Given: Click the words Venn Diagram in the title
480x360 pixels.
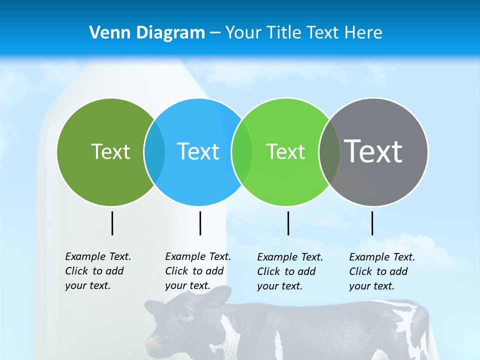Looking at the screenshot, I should [x=147, y=33].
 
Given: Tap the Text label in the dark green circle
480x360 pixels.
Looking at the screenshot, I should [x=110, y=151].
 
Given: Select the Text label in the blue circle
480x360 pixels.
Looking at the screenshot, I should [x=198, y=151].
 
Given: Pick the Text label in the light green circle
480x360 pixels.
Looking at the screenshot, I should [x=285, y=151].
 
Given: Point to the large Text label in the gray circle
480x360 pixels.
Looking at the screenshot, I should [x=373, y=151].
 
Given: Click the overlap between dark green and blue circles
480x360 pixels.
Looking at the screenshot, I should [x=154, y=151].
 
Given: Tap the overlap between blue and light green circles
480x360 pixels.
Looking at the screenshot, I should [x=242, y=151].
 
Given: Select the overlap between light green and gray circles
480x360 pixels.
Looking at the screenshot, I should [x=329, y=151].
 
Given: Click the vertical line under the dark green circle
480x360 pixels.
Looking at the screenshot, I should [x=112, y=223].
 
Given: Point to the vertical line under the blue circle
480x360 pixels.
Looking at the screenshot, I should [x=200, y=223].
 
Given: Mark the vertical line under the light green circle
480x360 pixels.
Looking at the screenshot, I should [x=288, y=223].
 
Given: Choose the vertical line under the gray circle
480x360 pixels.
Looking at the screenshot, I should [x=372, y=223].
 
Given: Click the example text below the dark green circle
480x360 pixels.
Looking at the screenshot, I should [x=98, y=271].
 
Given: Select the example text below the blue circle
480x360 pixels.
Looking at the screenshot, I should [x=198, y=271].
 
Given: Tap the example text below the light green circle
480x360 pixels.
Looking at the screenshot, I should [x=290, y=271].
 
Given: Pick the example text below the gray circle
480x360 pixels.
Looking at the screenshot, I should [x=382, y=271].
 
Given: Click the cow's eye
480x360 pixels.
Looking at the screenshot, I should [x=187, y=314].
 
